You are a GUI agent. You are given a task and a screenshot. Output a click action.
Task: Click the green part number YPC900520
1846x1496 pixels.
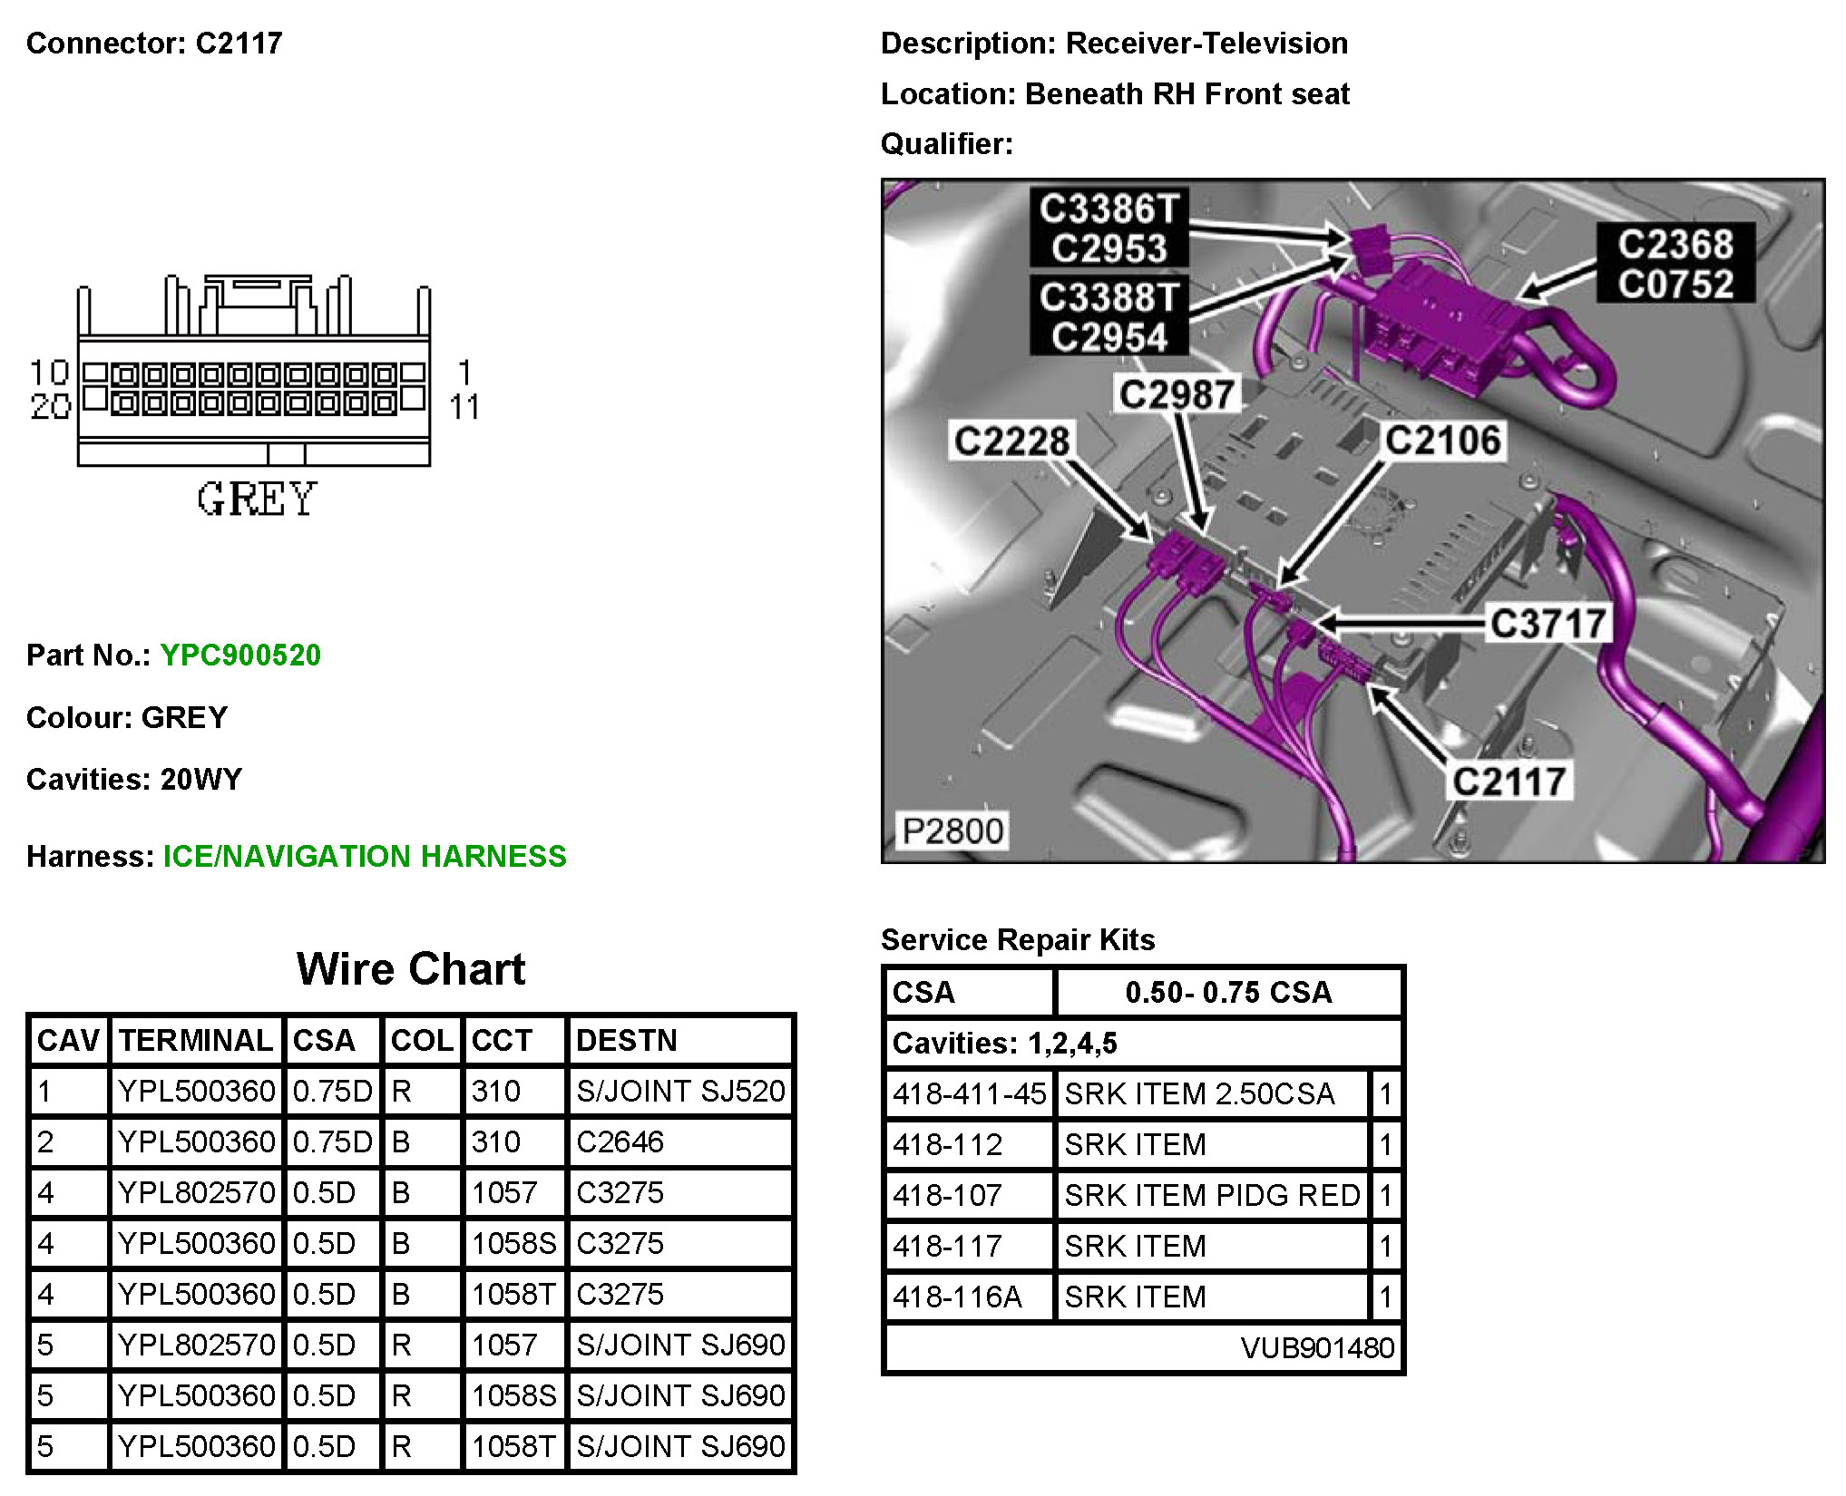pos(240,655)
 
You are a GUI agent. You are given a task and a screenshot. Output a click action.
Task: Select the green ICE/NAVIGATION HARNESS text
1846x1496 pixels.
pos(365,856)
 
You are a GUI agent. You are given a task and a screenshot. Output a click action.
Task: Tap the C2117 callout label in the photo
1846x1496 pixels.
pos(1509,782)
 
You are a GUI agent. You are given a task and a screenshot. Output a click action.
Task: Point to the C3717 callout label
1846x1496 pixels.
pos(1548,624)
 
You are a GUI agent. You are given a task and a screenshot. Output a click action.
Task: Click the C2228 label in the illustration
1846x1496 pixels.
pos(1011,442)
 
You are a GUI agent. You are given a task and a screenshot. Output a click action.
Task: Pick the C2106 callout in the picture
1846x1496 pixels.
pos(1442,441)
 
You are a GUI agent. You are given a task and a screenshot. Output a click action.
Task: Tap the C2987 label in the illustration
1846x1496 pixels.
pos(1177,394)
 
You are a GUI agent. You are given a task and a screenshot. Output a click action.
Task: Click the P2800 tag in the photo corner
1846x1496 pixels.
pos(952,831)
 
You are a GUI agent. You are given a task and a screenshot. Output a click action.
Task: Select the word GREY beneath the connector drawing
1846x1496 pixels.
pos(257,500)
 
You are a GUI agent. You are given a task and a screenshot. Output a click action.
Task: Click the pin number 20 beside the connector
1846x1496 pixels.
pos(50,407)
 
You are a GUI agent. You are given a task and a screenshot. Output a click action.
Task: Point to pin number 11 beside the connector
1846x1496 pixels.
pos(464,407)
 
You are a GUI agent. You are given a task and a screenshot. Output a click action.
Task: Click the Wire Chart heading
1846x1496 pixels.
pos(411,969)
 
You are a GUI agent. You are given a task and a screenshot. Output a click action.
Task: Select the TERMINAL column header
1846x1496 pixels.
pos(196,1040)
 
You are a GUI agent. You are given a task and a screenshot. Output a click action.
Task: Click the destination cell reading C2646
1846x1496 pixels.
pos(620,1141)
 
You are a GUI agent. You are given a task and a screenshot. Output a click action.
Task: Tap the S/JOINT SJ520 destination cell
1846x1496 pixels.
pos(680,1091)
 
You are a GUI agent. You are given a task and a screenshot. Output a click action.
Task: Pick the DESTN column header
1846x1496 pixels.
pos(627,1040)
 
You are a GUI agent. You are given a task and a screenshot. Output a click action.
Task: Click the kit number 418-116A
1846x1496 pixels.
pos(958,1297)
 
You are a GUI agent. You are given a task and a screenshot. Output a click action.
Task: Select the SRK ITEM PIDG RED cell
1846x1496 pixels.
pos(1212,1195)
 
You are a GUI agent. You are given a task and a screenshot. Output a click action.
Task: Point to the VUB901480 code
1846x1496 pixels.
pos(1317,1348)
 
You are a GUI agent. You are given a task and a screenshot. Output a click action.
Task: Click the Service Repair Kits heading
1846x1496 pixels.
pos(1018,939)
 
